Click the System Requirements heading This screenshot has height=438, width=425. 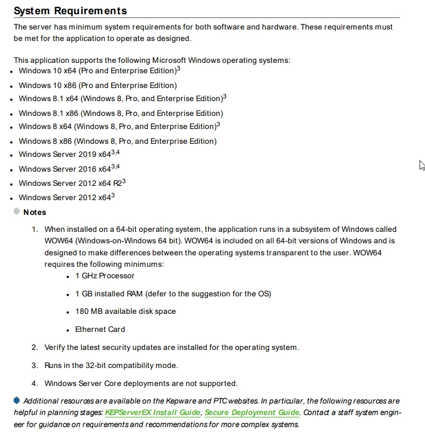(x=70, y=11)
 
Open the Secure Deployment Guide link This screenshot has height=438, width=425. (x=252, y=412)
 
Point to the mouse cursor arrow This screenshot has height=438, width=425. (x=422, y=165)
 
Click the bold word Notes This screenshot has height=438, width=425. (x=35, y=212)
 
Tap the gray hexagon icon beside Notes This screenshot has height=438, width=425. (x=17, y=212)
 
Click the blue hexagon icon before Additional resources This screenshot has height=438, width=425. (x=17, y=400)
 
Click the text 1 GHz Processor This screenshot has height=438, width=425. (x=105, y=276)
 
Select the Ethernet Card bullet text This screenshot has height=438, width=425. (x=100, y=329)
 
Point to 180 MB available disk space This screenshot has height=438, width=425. (x=125, y=311)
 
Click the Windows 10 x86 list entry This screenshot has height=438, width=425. (x=97, y=85)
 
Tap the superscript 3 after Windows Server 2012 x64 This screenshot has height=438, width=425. (x=113, y=196)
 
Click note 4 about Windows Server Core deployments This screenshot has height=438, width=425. (x=141, y=383)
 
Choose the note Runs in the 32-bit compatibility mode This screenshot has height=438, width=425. (x=111, y=365)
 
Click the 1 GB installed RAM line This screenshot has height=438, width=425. (x=173, y=294)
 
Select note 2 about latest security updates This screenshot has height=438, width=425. (x=171, y=347)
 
